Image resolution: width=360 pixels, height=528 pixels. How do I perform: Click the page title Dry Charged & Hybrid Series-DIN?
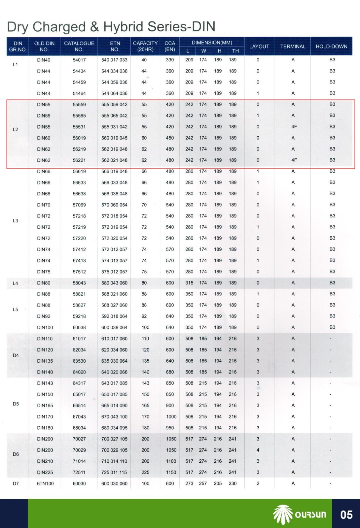111,27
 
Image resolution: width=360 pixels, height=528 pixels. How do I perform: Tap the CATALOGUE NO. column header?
79,46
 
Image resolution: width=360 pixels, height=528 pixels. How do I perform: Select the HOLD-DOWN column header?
331,47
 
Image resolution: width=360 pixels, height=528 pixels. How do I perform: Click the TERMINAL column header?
293,47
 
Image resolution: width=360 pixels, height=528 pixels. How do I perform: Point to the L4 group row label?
16,283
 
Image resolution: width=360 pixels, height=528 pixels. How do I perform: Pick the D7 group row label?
16,483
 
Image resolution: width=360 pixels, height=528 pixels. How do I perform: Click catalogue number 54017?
79,60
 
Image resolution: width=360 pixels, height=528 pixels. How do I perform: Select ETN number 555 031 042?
114,127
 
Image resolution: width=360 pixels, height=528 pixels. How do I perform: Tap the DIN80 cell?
44,283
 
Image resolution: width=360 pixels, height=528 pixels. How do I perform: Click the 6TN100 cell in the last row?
45,483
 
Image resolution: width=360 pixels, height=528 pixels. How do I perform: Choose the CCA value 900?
170,406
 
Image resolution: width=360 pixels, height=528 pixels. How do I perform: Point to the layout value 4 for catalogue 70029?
258,450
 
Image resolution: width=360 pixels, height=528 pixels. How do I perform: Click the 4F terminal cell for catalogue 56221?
294,160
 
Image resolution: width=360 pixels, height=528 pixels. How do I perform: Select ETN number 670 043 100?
114,417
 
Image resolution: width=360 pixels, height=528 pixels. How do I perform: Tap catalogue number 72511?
79,473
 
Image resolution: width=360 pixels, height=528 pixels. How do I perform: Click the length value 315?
189,283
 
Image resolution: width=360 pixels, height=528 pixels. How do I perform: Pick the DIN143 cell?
45,383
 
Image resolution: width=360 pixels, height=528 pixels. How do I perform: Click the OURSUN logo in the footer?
300,514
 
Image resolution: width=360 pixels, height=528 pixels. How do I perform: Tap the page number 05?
346,514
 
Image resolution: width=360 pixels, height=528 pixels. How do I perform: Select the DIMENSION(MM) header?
212,43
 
